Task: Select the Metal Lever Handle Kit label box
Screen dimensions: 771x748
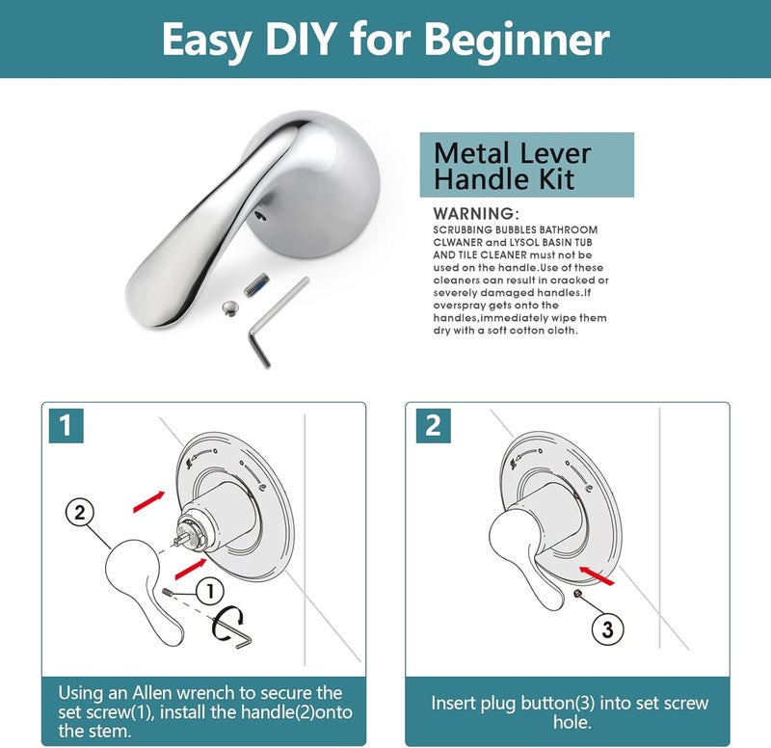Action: tap(526, 165)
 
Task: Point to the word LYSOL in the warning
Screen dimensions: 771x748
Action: tap(525, 243)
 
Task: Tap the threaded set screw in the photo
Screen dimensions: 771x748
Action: tap(256, 284)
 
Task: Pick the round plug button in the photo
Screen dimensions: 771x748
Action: tap(229, 307)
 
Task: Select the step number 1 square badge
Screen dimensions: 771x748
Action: tap(66, 425)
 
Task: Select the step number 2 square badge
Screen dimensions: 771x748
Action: tap(433, 425)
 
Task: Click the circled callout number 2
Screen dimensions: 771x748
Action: tap(80, 513)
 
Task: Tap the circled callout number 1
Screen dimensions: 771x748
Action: tap(210, 591)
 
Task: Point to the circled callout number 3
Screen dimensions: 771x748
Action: tap(607, 629)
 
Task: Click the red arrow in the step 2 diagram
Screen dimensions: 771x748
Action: tap(597, 575)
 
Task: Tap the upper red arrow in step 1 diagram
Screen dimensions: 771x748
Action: tap(149, 501)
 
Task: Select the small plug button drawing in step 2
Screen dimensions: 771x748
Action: tap(578, 594)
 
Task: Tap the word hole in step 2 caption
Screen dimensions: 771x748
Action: tap(572, 722)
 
